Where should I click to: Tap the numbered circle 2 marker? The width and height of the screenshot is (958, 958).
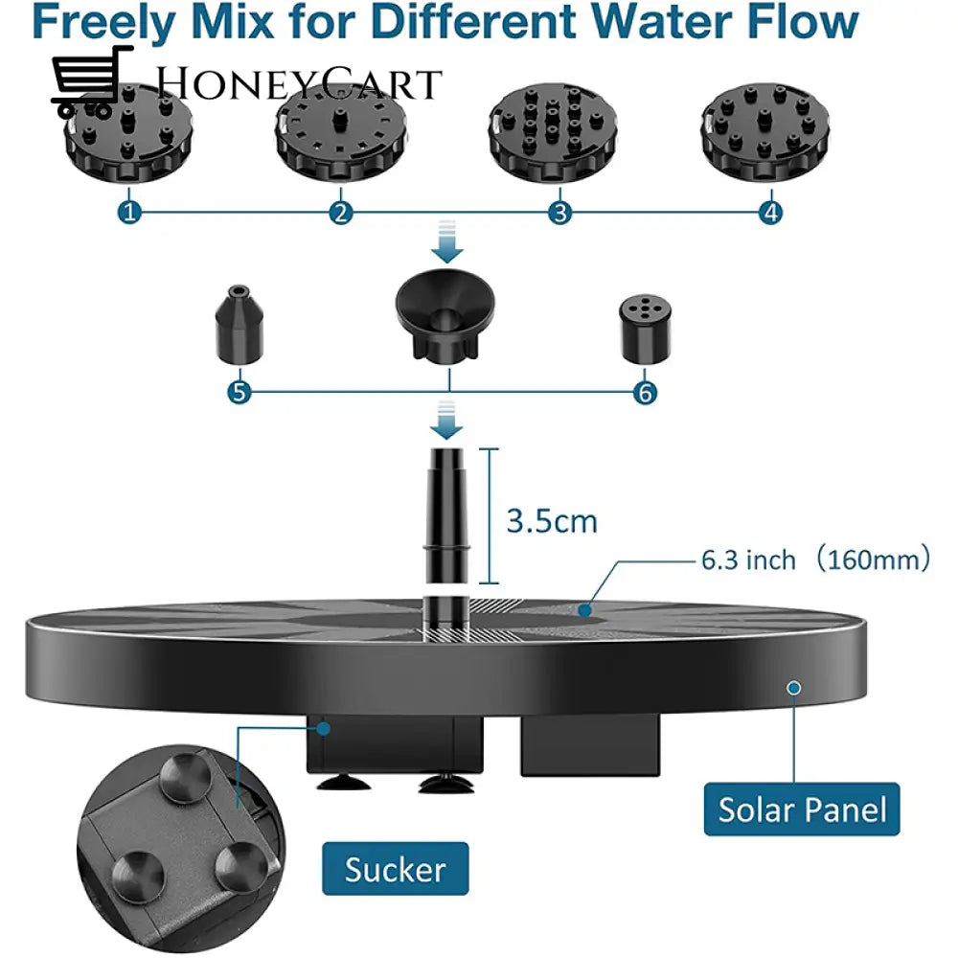pos(340,212)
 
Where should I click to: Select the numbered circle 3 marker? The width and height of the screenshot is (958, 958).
pos(560,212)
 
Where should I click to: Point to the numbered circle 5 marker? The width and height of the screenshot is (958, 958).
pos(239,392)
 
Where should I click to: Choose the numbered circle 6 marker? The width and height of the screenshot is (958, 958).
pos(645,392)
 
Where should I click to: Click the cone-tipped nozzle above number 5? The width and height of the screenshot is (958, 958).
pos(234,325)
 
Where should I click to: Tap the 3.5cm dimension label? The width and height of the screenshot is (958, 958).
pos(551,521)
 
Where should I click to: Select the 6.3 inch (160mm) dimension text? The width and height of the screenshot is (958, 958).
pos(814,559)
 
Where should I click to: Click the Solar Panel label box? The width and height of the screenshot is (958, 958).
pos(802,810)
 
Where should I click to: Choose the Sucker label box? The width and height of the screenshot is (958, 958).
pos(396,869)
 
